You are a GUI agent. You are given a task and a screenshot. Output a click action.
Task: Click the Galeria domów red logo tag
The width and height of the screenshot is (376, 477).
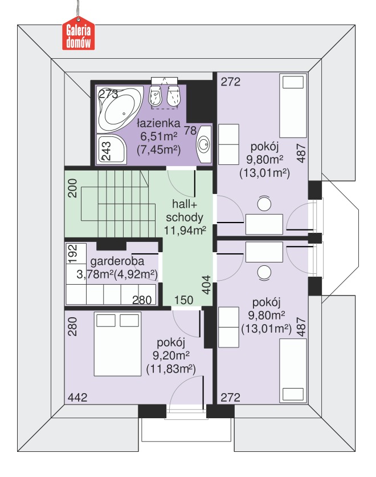point(79,34)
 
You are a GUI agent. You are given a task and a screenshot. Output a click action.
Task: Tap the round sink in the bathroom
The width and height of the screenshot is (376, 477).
point(204,144)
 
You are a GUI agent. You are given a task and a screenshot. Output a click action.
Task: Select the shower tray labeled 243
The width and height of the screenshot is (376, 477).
point(111,150)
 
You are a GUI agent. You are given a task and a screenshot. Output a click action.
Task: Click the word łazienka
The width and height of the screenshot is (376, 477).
point(158,123)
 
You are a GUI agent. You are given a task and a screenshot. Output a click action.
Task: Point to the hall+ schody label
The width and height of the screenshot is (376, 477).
point(185,211)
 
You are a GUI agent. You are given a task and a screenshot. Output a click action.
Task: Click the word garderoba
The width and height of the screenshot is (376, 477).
point(117,261)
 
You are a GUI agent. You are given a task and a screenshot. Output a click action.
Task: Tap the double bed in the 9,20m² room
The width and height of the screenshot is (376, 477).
point(117,343)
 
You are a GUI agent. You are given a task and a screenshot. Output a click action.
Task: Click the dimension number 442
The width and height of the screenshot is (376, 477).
point(77,397)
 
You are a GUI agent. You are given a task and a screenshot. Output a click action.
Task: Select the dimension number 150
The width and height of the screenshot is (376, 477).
point(184,300)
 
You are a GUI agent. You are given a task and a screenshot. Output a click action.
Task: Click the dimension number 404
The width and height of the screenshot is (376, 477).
point(206,285)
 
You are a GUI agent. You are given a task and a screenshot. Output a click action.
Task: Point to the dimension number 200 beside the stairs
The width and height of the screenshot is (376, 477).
point(72,188)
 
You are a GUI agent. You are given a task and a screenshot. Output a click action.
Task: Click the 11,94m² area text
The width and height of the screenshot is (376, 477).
point(185,231)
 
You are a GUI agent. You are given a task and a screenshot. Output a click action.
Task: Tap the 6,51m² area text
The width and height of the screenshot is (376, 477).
point(158,136)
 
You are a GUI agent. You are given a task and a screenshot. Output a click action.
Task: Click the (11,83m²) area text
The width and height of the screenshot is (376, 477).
point(171,369)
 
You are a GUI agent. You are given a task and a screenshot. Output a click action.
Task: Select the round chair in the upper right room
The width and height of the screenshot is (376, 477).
point(264,204)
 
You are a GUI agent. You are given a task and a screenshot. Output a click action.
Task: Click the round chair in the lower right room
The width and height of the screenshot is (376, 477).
point(264,272)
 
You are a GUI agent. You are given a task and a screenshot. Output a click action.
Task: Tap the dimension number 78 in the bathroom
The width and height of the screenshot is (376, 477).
point(190,131)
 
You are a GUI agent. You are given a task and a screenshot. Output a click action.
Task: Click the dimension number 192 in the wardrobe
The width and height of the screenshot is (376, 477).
point(73,254)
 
